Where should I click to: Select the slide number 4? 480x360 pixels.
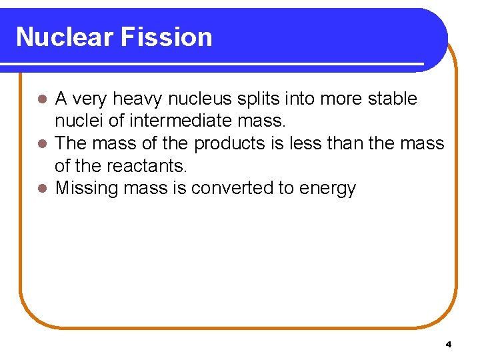pos(448,344)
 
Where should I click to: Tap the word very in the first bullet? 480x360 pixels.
pos(90,100)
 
